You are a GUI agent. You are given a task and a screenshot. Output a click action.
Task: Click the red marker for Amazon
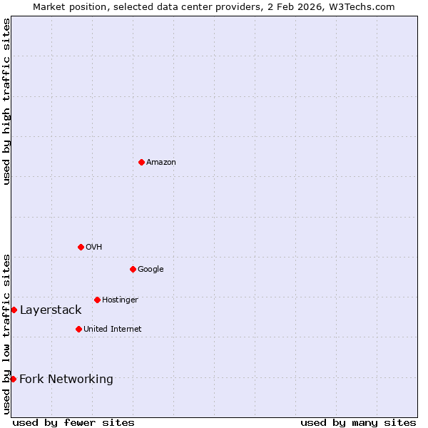[141, 162]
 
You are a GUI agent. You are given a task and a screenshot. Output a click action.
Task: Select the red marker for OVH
[81, 247]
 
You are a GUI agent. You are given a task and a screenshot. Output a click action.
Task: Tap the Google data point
[133, 269]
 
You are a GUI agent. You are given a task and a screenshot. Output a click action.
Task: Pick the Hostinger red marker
[97, 300]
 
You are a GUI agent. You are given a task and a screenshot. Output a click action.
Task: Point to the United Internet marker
[78, 329]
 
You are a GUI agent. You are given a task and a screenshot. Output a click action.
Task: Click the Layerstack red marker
[14, 310]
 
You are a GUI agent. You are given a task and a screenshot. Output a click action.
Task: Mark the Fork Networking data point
[13, 379]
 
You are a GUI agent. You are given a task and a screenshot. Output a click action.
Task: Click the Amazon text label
[161, 163]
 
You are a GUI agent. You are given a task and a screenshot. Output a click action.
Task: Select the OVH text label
[94, 248]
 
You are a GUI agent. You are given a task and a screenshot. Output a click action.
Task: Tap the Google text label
[151, 270]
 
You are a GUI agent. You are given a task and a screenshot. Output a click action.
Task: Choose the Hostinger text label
[120, 300]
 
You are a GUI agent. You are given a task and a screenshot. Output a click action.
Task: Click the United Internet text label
[113, 330]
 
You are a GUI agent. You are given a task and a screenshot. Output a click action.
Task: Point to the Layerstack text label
[51, 310]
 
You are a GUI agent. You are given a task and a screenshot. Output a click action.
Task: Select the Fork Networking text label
[66, 379]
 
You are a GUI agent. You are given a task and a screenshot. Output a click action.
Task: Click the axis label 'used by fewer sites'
[73, 422]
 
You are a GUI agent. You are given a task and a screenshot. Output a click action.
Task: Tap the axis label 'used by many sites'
[358, 422]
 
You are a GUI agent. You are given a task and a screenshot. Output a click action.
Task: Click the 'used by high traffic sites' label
[6, 101]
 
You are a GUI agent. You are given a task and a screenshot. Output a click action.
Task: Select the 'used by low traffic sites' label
[6, 334]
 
